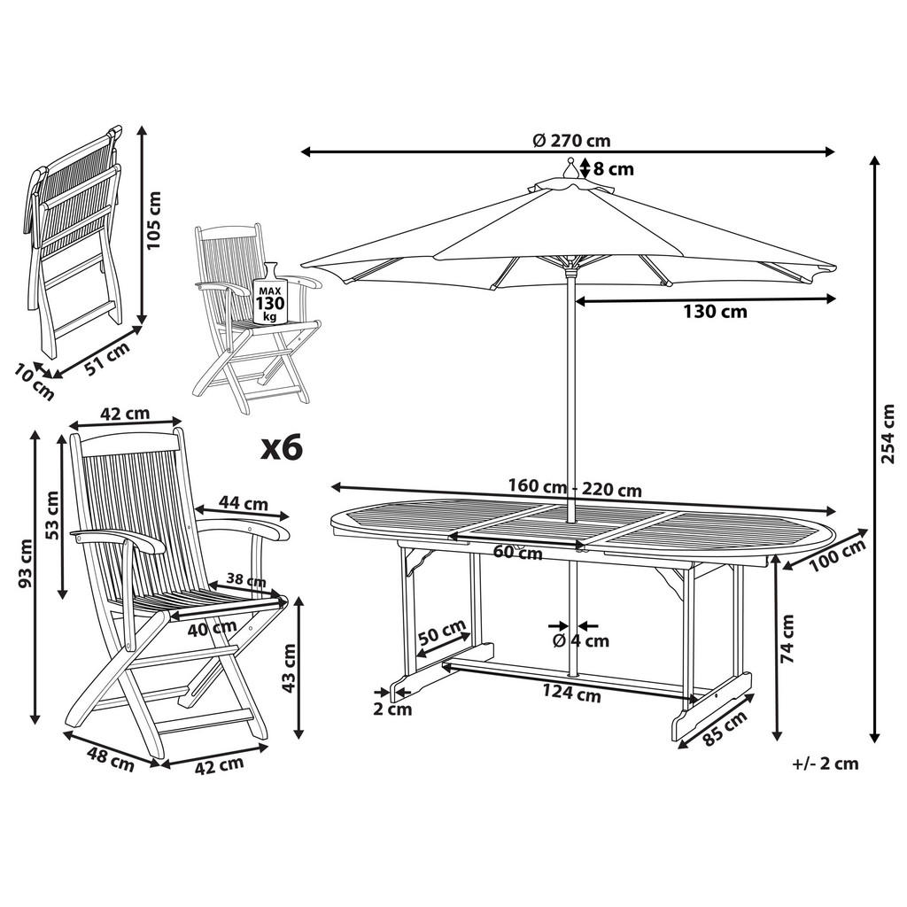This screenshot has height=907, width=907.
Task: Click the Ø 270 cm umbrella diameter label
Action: point(571,140)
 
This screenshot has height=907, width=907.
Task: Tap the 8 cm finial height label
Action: point(613,168)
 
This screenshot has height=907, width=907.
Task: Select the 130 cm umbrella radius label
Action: point(714,312)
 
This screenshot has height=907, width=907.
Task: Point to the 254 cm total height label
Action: point(891,434)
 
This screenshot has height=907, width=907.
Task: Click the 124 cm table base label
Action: point(572,694)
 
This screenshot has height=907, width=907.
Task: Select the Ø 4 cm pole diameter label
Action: point(581,640)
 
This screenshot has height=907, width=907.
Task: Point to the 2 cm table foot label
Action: point(392,709)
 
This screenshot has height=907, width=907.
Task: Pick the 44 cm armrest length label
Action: point(243,503)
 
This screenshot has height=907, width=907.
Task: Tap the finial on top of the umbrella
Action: point(571,167)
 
